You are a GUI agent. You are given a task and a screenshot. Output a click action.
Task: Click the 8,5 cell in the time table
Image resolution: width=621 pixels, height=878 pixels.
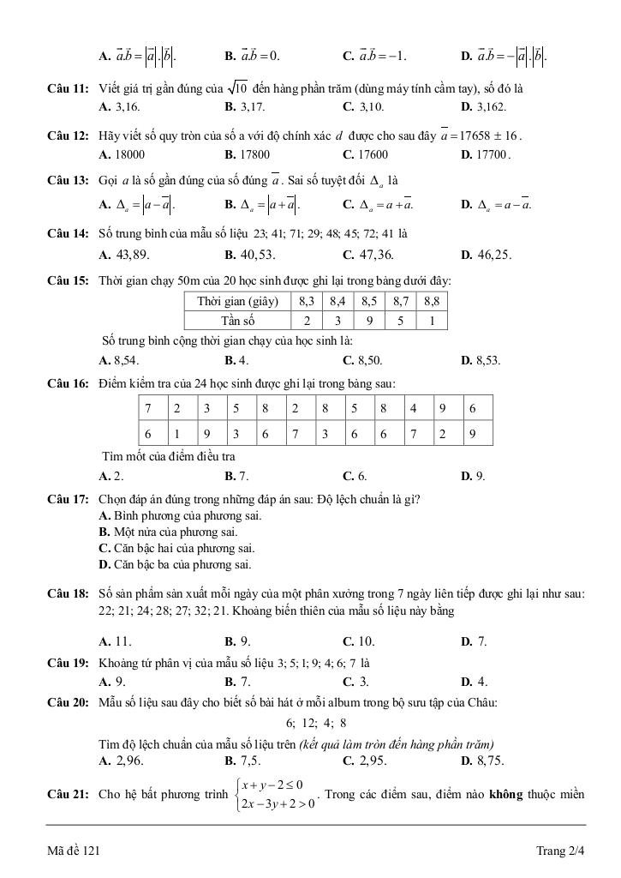[369, 302]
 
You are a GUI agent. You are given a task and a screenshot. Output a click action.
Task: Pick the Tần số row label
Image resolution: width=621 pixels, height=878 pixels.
[238, 321]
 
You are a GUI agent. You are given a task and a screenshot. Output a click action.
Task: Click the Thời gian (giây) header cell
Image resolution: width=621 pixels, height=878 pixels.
[238, 302]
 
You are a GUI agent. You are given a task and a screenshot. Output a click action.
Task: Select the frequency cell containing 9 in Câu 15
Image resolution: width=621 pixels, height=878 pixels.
[369, 321]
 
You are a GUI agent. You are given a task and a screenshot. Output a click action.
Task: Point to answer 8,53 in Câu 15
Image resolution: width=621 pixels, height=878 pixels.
[481, 360]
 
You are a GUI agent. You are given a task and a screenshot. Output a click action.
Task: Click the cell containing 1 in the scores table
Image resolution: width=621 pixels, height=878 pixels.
[177, 434]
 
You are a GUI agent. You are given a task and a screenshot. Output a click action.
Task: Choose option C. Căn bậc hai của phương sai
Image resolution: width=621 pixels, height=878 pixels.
[176, 548]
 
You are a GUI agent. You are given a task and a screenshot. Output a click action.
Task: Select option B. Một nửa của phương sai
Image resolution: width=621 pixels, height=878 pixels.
[168, 532]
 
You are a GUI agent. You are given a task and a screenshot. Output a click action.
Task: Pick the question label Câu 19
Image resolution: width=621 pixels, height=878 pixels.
[69, 663]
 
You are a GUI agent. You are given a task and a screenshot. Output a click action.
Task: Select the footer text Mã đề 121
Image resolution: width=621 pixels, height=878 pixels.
[75, 851]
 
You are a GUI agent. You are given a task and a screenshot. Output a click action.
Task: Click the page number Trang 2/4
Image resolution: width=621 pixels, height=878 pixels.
[559, 851]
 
